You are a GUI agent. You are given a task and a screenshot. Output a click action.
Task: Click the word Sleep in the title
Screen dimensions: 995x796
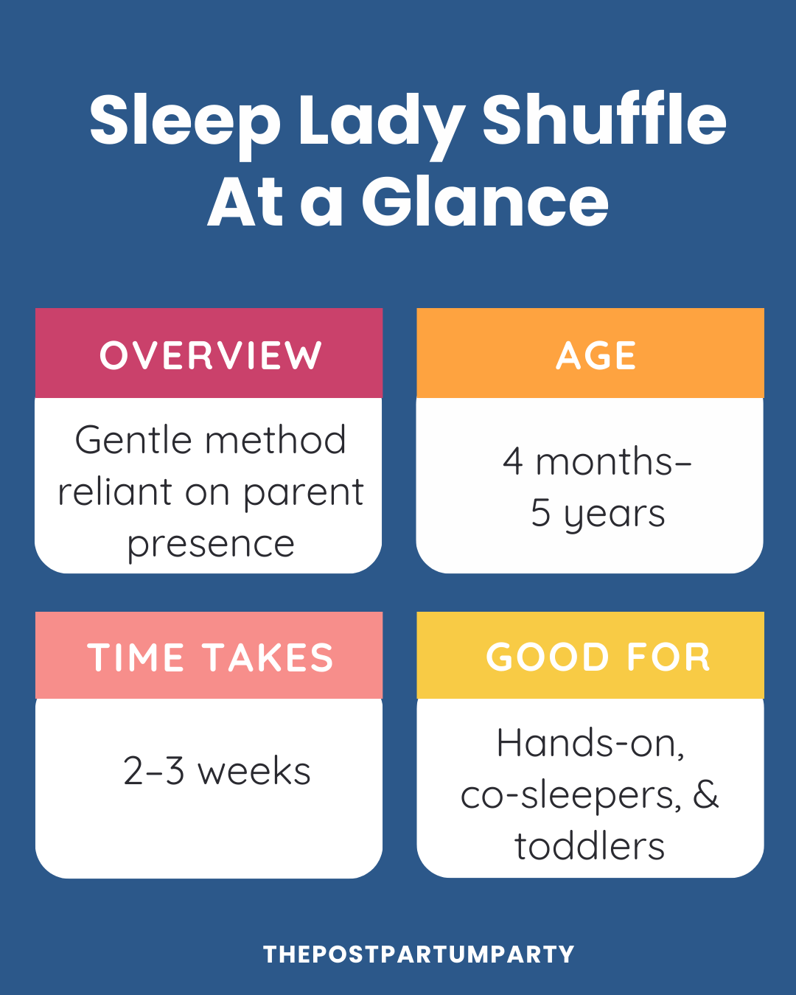[184, 122]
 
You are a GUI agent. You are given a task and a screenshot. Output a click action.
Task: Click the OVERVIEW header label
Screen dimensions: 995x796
[211, 355]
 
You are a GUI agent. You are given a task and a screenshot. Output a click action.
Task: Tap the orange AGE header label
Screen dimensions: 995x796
[596, 355]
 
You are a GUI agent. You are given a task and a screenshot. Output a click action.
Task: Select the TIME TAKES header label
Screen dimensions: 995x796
[211, 657]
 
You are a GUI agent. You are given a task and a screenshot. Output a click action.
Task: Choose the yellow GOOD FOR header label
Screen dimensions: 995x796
[598, 657]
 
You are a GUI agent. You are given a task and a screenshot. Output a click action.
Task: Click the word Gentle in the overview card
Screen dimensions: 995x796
[136, 441]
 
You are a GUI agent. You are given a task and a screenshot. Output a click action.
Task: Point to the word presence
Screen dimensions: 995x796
[211, 545]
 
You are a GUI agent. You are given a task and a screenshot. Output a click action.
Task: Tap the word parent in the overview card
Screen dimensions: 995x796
[303, 493]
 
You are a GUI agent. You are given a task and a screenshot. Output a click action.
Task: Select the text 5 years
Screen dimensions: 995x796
[598, 514]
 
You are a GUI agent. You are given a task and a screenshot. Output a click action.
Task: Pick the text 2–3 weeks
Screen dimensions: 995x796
[217, 772]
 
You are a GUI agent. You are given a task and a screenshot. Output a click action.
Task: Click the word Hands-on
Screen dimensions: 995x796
[590, 743]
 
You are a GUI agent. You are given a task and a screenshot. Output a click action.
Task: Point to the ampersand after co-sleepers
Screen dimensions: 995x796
[705, 795]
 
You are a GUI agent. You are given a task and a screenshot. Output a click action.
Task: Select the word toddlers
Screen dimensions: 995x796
[590, 847]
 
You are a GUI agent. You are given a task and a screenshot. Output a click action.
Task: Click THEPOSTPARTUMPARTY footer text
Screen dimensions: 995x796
[419, 954]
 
